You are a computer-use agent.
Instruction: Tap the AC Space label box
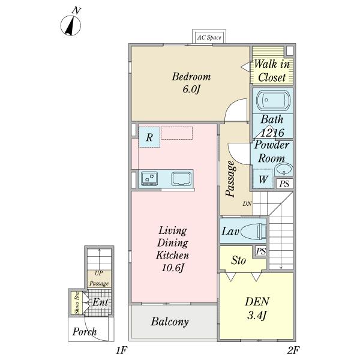(x=209, y=37)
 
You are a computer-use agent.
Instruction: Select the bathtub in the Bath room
(x=273, y=101)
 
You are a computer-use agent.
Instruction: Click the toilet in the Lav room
(x=253, y=230)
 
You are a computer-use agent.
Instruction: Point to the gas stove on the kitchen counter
(x=149, y=178)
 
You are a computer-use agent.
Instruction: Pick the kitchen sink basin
(x=181, y=179)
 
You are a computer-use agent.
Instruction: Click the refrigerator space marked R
(x=149, y=137)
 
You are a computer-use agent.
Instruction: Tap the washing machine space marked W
(x=263, y=179)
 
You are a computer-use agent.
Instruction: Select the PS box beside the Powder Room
(x=284, y=184)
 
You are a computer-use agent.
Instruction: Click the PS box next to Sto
(x=261, y=251)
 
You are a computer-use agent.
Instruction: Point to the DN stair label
(x=247, y=203)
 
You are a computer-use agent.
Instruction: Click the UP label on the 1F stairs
(x=99, y=273)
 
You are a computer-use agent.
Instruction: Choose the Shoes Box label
(x=77, y=302)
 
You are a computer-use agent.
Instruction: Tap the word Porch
(x=85, y=332)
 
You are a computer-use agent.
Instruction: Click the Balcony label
(x=170, y=322)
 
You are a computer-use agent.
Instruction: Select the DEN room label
(x=257, y=301)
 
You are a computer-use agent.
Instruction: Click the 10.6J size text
(x=173, y=268)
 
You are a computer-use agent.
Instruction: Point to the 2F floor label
(x=293, y=350)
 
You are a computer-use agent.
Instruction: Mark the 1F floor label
(x=121, y=350)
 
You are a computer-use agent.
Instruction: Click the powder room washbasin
(x=284, y=169)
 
